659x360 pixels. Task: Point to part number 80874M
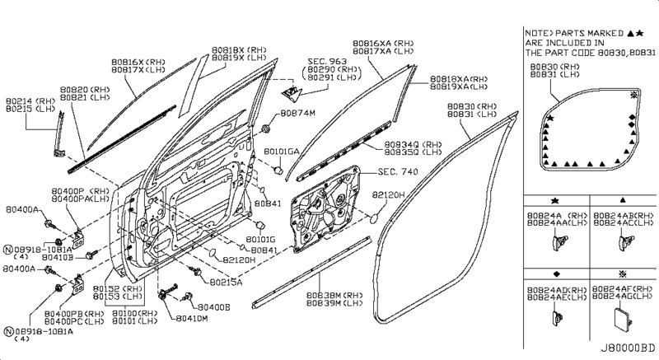coord(298,112)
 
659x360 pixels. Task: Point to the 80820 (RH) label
coord(88,88)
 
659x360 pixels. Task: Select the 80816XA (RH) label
coord(382,42)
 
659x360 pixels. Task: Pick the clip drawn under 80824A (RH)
coord(562,241)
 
